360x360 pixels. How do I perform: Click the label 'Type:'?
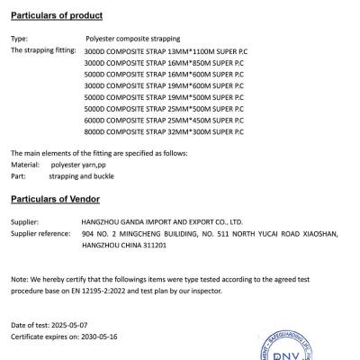pos(19,40)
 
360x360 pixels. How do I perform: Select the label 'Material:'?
pos(24,165)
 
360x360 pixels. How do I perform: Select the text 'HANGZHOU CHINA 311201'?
pos(121,243)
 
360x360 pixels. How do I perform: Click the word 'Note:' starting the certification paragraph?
pos(19,281)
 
